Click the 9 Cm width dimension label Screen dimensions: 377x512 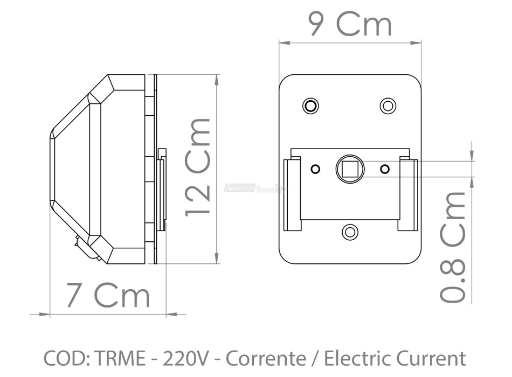349,24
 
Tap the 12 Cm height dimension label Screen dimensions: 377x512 197,168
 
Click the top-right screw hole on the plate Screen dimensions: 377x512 388,105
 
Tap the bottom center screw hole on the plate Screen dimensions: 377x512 350,232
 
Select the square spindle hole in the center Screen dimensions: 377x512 350,169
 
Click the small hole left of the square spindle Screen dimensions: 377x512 315,169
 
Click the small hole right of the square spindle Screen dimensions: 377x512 384,169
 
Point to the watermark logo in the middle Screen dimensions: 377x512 256,188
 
